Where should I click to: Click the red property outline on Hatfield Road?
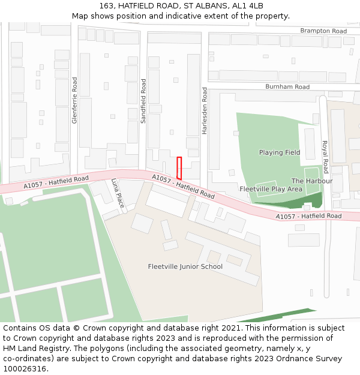pyautogui.click(x=179, y=168)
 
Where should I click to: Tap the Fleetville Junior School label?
pyautogui.click(x=185, y=266)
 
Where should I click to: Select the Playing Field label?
pyautogui.click(x=280, y=152)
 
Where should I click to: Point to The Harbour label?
pyautogui.click(x=312, y=181)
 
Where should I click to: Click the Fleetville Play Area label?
pyautogui.click(x=271, y=189)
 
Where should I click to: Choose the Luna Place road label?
pyautogui.click(x=118, y=193)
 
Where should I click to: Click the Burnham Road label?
pyautogui.click(x=287, y=87)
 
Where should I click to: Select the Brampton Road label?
pyautogui.click(x=323, y=31)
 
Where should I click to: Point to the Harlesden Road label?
pyautogui.click(x=205, y=110)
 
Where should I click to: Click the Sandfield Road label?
pyautogui.click(x=143, y=101)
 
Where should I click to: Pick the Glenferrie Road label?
pyautogui.click(x=75, y=100)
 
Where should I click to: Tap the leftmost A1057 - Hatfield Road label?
pyautogui.click(x=56, y=182)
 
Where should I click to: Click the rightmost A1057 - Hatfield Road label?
pyautogui.click(x=308, y=216)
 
